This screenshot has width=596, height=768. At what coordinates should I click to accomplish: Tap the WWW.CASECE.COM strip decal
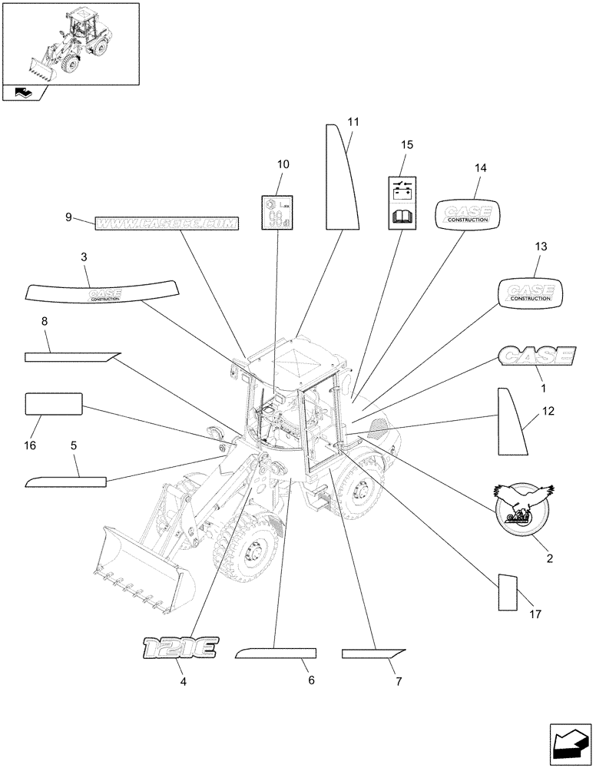(x=167, y=223)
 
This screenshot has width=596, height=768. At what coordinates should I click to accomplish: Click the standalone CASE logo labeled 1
(x=535, y=355)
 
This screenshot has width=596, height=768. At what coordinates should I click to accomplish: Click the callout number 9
(x=68, y=217)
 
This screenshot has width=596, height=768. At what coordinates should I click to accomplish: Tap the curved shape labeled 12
(x=509, y=423)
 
